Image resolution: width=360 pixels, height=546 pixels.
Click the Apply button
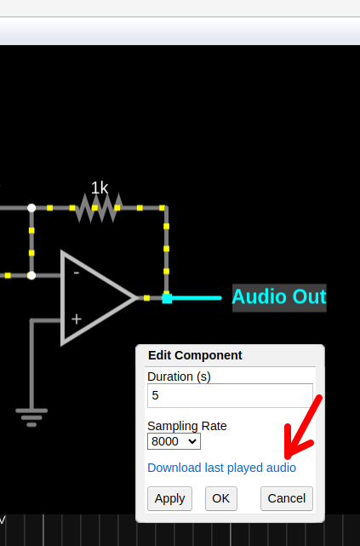169,498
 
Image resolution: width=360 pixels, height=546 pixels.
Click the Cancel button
287,498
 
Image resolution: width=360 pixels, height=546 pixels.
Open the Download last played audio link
221,468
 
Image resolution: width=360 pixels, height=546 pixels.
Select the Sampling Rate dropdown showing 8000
174,441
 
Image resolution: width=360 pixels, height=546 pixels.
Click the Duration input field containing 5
230,395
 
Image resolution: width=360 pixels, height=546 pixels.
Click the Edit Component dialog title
195,355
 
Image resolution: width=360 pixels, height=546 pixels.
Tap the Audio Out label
279,297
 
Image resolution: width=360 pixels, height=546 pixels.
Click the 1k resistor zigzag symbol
99,208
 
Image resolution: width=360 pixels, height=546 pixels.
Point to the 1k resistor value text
100,188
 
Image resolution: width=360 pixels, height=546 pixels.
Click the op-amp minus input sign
77,273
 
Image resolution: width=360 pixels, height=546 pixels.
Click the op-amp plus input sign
77,319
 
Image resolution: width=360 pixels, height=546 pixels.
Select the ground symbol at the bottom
31,417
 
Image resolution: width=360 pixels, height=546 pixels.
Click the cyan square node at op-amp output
167,298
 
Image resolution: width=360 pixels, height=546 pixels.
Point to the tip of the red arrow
287,457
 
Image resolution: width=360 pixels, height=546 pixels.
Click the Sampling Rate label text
187,426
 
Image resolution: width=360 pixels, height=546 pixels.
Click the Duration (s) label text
179,376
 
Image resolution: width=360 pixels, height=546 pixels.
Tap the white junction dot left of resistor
31,208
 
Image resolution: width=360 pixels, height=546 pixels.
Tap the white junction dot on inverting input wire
31,276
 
